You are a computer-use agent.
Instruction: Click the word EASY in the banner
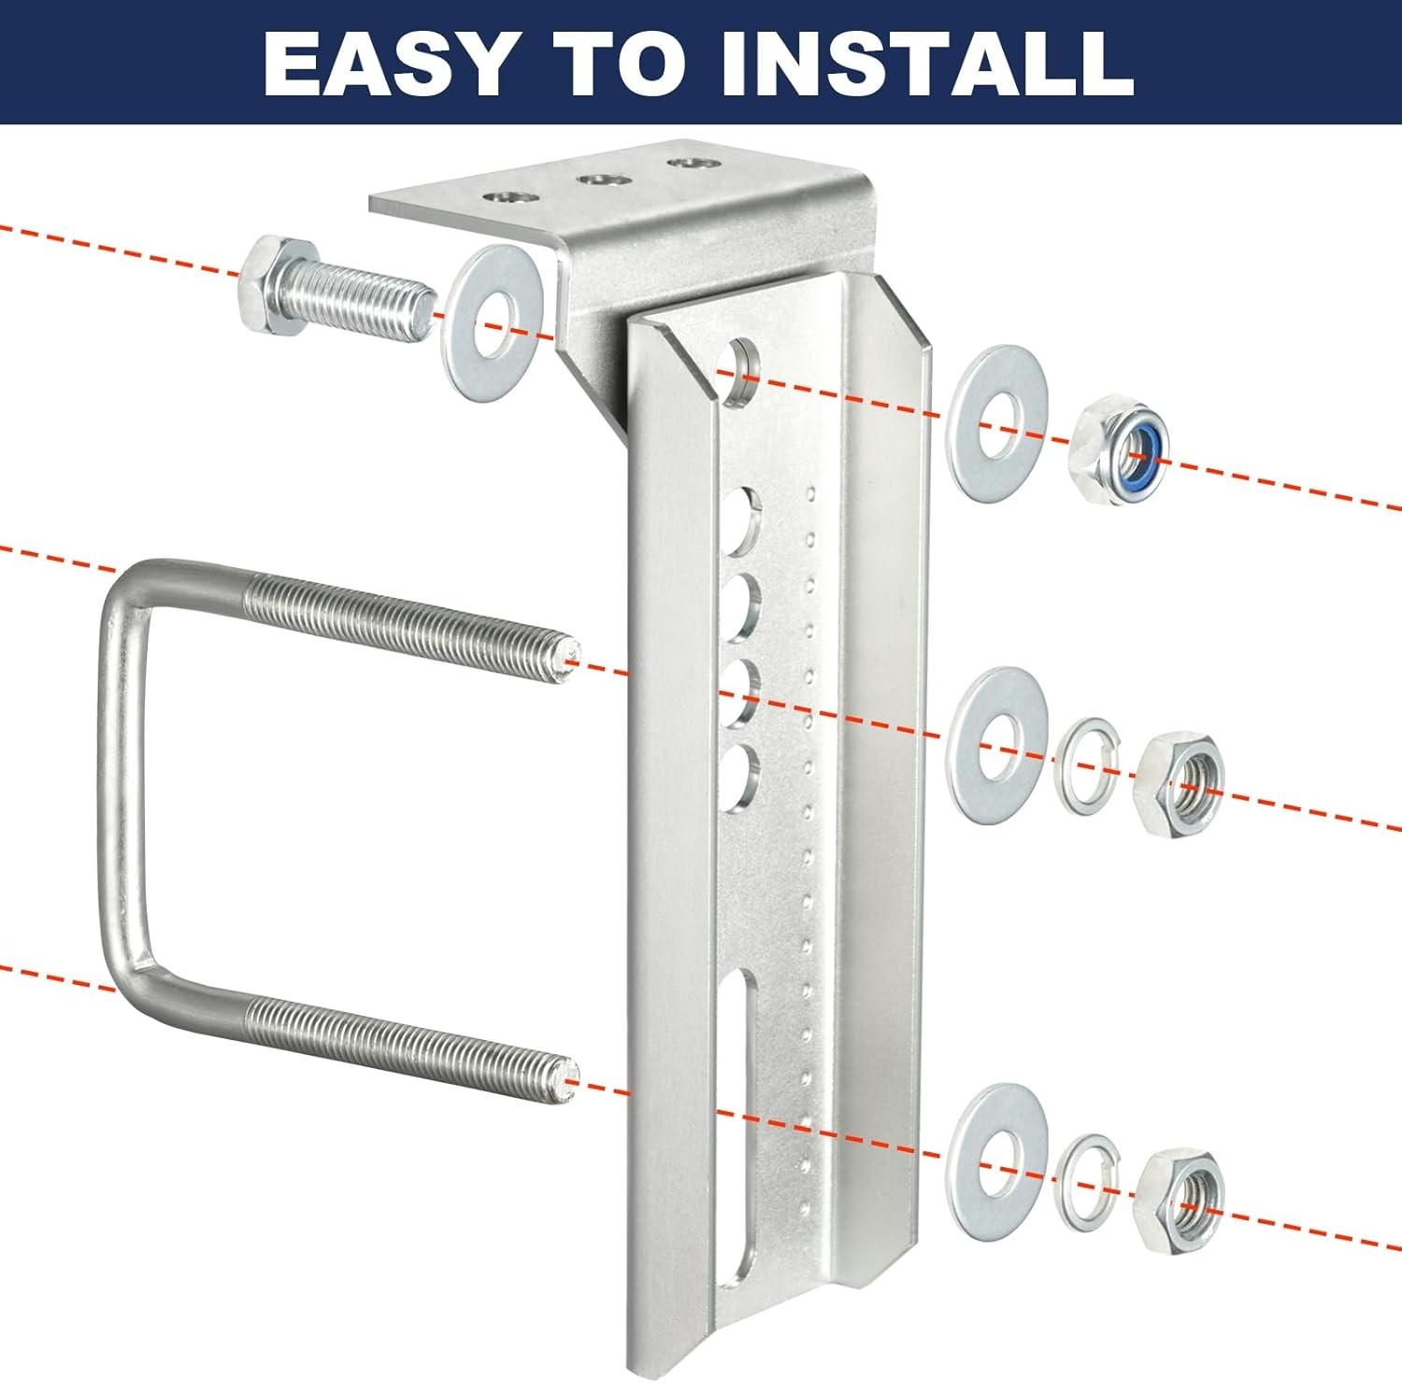point(389,63)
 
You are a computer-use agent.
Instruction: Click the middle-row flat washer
point(996,745)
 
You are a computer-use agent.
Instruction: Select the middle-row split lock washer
point(1086,765)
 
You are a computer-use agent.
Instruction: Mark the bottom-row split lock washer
point(1086,1181)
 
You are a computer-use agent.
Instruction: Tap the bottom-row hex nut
point(1178,1200)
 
